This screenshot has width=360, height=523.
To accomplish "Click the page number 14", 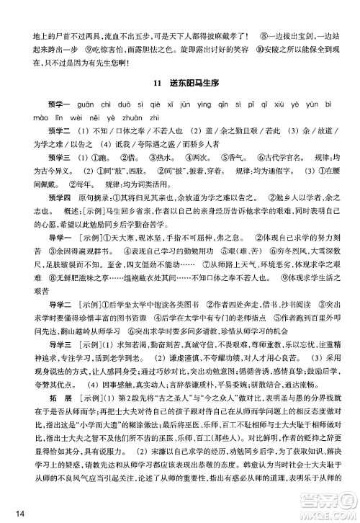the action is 11,512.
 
